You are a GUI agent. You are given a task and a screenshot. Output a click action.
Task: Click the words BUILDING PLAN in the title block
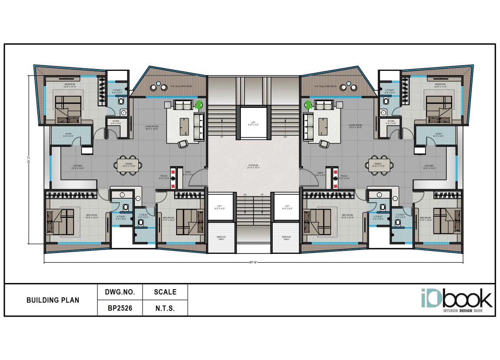(53, 300)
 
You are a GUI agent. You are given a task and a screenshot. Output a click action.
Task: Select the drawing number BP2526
(120, 308)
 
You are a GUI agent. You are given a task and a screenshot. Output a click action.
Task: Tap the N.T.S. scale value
(165, 308)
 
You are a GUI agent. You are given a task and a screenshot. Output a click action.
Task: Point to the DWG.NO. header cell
(120, 292)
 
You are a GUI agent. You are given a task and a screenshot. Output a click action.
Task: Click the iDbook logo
(456, 299)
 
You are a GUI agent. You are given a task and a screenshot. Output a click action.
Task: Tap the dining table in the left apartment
(127, 165)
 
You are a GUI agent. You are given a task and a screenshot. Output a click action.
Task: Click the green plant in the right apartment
(309, 104)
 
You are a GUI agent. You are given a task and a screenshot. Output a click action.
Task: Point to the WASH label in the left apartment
(69, 134)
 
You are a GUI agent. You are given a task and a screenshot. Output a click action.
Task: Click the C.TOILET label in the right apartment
(400, 215)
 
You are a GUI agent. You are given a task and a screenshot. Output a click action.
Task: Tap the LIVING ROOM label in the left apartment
(152, 127)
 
